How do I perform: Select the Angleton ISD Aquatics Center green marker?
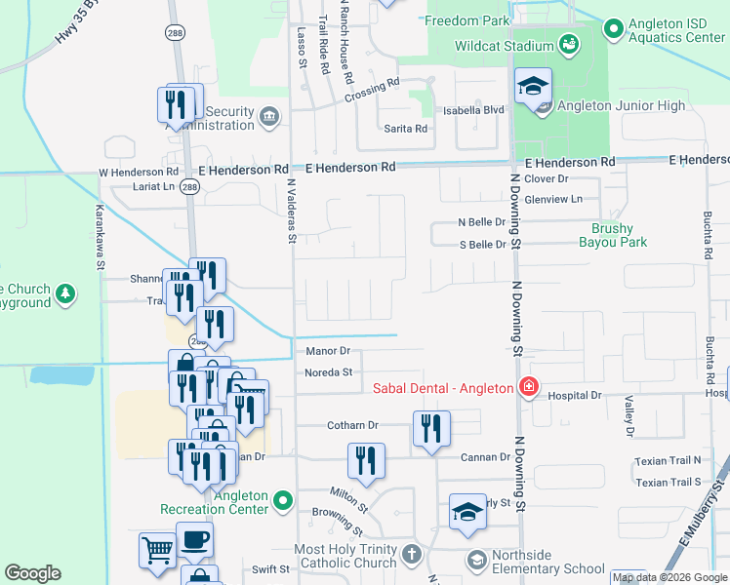[613, 29]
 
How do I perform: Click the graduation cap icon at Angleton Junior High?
[533, 89]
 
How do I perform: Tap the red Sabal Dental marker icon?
[528, 388]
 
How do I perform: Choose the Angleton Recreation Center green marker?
[283, 501]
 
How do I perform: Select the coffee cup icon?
[194, 539]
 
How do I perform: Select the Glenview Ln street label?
[552, 199]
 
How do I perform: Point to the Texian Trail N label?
[668, 460]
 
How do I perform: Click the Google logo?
[32, 573]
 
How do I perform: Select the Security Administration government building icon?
[269, 118]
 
